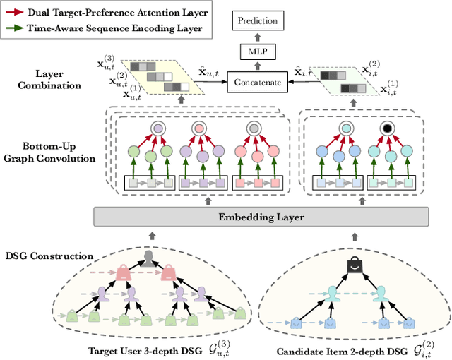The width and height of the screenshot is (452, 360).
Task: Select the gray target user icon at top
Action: pyautogui.click(x=148, y=258)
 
